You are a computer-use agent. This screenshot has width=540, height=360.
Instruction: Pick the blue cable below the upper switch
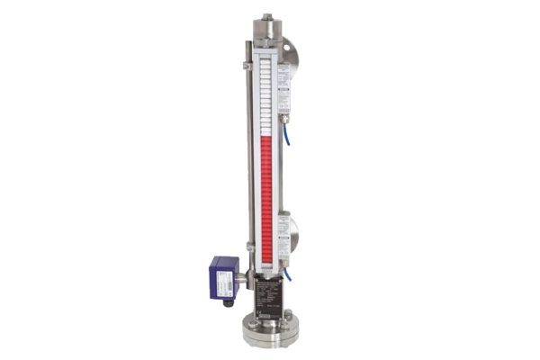[288, 135]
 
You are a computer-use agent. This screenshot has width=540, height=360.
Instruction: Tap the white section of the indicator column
[267, 90]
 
